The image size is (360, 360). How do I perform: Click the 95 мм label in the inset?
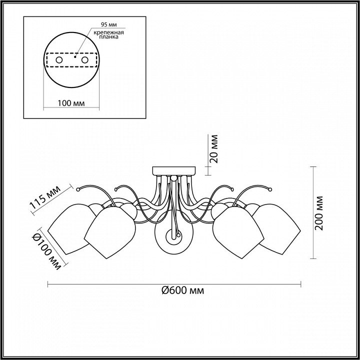coord(109,24)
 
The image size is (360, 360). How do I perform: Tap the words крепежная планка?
coord(109,34)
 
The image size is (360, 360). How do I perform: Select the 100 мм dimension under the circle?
coord(71,103)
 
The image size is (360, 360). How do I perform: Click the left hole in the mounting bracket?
coord(59,60)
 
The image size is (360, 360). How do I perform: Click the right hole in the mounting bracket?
coord(84,60)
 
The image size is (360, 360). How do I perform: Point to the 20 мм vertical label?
coord(214,149)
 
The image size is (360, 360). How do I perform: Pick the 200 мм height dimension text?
coord(319,213)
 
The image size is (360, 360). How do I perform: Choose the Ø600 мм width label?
coord(183,290)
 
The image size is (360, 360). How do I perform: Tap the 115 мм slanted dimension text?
coord(45,197)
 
